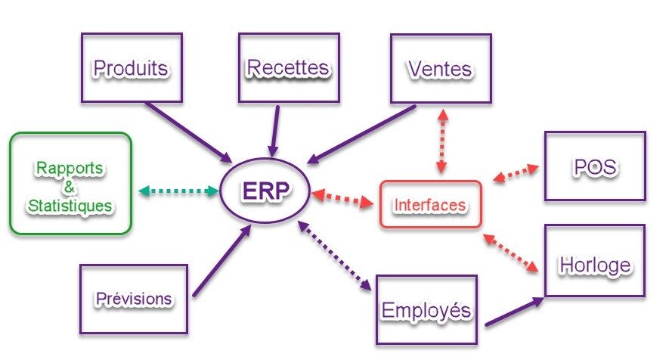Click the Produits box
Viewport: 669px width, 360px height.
[132, 67]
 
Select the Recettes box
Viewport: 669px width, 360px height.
[288, 67]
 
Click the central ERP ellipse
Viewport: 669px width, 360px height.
[265, 191]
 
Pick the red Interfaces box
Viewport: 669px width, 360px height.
[430, 204]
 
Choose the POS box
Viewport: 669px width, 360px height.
[595, 166]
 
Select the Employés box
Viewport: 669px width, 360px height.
[426, 309]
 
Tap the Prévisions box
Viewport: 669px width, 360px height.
[133, 298]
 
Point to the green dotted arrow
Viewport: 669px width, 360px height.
[178, 191]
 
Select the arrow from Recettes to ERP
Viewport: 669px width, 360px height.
[275, 132]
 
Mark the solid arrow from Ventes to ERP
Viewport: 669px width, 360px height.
[362, 133]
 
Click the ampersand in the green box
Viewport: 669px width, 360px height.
[70, 185]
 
